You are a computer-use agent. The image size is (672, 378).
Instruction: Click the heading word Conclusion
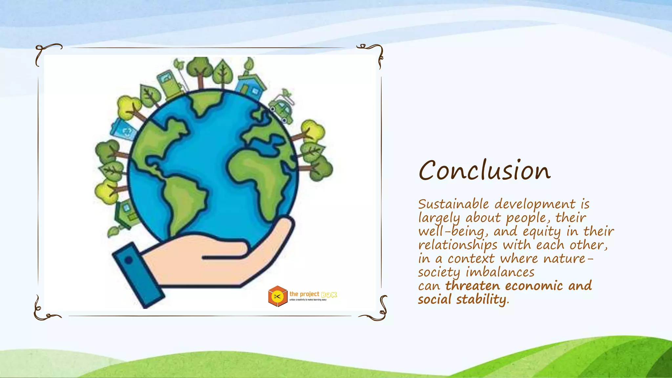click(484, 171)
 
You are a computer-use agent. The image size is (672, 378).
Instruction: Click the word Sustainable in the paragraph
click(453, 204)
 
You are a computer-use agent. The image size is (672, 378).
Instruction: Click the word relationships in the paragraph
click(458, 245)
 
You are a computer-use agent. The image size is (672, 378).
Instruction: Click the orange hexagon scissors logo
click(277, 296)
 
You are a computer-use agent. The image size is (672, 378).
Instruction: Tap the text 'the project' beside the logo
click(304, 294)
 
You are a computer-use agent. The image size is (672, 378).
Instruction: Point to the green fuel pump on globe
click(169, 83)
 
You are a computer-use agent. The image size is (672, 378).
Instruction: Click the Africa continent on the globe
click(259, 177)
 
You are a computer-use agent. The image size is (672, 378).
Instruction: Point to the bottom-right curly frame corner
click(377, 310)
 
